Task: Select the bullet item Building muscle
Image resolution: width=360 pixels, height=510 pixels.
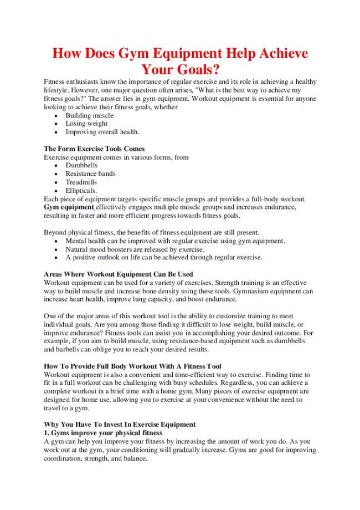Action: pos(89,115)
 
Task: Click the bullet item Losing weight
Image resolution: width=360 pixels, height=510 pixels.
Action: pos(86,124)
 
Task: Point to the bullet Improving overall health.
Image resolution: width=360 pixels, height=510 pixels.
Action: pos(102,132)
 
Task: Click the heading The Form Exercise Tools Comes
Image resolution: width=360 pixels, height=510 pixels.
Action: pos(94,149)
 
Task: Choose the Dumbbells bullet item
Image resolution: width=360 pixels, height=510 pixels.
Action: pos(81,165)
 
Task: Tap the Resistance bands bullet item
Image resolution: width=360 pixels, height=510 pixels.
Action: pos(90,174)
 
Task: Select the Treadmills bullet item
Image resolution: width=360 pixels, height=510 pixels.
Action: pos(81,182)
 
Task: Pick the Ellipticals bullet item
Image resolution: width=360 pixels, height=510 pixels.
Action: pos(81,190)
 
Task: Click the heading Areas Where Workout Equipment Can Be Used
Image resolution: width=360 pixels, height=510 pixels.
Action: pos(118,274)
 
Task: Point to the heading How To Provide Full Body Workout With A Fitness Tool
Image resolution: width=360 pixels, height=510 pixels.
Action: pos(132,366)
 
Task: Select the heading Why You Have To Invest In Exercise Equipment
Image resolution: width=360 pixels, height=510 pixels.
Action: pos(120,424)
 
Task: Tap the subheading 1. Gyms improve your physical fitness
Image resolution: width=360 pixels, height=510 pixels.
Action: pos(103,432)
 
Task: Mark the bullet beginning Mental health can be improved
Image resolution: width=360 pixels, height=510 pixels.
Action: pos(175,241)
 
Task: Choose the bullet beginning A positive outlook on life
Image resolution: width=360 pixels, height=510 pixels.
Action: pos(164,257)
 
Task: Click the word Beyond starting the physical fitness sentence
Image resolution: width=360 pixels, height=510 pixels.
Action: pos(55,232)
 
